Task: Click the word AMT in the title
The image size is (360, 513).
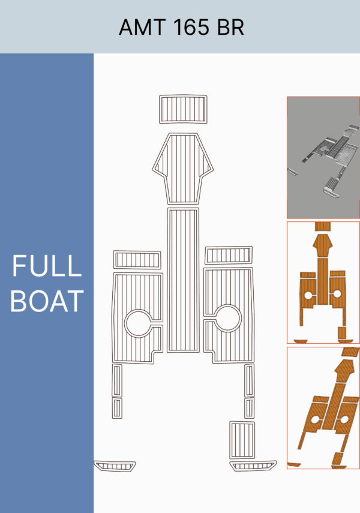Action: [x=142, y=27]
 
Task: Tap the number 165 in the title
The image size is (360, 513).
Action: [x=191, y=27]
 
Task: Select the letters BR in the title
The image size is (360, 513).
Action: [x=230, y=27]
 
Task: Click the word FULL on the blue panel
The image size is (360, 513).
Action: [x=46, y=266]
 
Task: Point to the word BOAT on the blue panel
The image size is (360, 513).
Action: [x=47, y=301]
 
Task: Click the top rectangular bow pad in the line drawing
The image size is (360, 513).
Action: [x=183, y=109]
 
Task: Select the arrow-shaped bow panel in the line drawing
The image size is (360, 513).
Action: [x=183, y=169]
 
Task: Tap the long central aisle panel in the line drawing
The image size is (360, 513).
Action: [x=183, y=280]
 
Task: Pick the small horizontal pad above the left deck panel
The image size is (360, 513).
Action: [x=137, y=260]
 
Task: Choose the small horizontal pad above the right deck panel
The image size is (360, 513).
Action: [x=229, y=255]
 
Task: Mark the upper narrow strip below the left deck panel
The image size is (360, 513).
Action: [x=117, y=380]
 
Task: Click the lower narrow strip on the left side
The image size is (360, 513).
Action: [x=117, y=408]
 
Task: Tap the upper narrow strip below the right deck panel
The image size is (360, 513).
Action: [x=250, y=380]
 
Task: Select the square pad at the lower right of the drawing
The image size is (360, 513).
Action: [x=242, y=440]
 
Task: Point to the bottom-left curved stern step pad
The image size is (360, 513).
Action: [x=115, y=466]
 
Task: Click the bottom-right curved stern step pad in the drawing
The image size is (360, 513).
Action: [x=253, y=466]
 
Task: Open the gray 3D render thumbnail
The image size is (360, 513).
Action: [x=323, y=157]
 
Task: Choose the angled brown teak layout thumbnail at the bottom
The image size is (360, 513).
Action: [x=323, y=408]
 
